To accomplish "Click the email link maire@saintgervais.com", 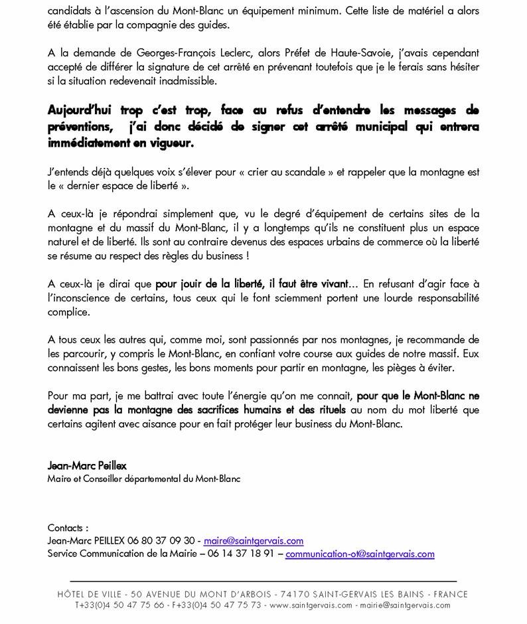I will point(254,541).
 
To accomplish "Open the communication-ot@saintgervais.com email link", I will point(360,554).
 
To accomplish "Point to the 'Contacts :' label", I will point(68,528).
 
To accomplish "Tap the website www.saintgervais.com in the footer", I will point(311,605).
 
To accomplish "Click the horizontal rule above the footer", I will point(263,581).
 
